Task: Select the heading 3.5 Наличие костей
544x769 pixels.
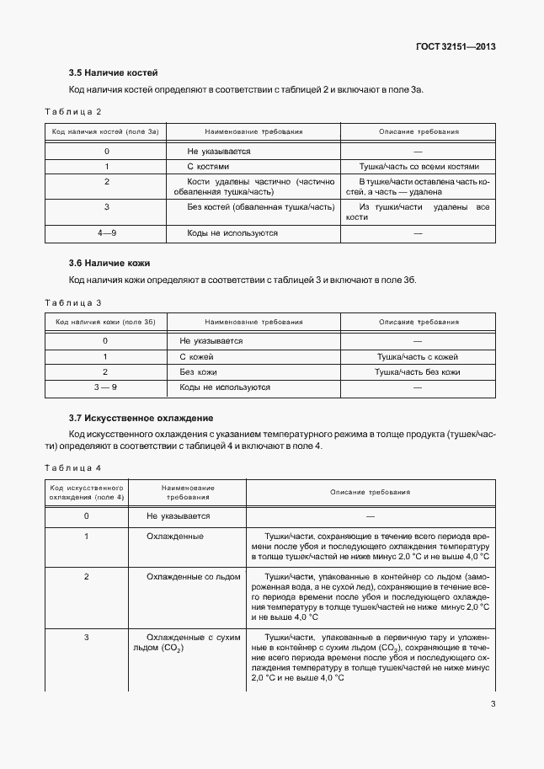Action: [113, 72]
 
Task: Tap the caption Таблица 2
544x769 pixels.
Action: [72, 111]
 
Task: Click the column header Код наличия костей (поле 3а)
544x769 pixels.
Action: [106, 132]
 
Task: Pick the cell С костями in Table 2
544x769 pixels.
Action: [207, 167]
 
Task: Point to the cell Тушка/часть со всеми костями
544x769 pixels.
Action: [419, 167]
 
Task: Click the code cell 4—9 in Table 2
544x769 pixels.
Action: [106, 232]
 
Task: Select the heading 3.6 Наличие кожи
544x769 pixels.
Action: [109, 264]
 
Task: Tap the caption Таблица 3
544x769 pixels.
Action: [72, 302]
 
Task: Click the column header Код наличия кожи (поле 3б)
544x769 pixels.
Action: [105, 322]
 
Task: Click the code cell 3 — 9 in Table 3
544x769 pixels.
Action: [105, 387]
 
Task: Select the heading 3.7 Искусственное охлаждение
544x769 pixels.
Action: [141, 418]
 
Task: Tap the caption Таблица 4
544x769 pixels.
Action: [72, 467]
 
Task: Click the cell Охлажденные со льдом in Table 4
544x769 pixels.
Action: [194, 577]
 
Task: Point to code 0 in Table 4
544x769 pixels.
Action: [87, 515]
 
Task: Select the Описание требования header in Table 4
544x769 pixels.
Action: [370, 492]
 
